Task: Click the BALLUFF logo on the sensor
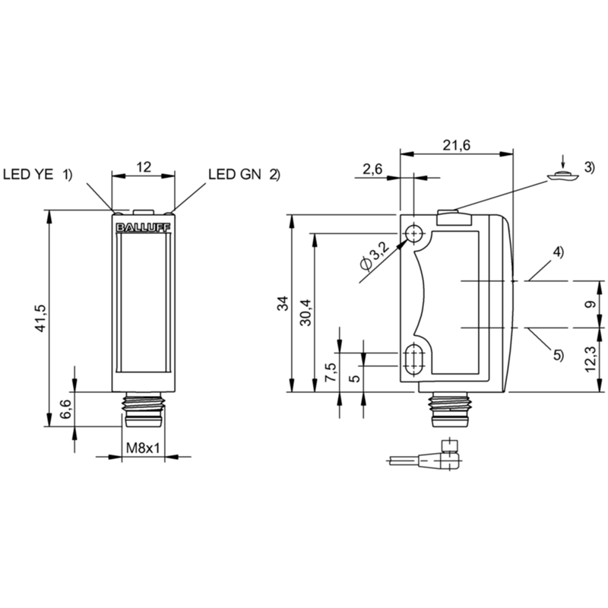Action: click(x=143, y=227)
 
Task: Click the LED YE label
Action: click(x=28, y=175)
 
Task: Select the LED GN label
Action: click(x=235, y=175)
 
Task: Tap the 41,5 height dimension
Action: click(x=41, y=318)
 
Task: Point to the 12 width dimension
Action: click(x=144, y=167)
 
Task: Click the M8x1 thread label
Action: click(x=143, y=448)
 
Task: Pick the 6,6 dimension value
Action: click(x=65, y=409)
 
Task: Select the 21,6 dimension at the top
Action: click(x=457, y=145)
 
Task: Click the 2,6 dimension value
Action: click(x=372, y=169)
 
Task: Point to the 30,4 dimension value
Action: click(x=306, y=312)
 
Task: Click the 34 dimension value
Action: click(x=283, y=303)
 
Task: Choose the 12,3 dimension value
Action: click(x=590, y=359)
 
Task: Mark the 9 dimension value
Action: click(x=591, y=305)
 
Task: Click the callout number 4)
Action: click(x=558, y=252)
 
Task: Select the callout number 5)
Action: click(x=558, y=354)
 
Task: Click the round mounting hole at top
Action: click(x=414, y=233)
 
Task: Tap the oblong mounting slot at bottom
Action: click(x=414, y=359)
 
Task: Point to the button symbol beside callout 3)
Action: click(x=562, y=176)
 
